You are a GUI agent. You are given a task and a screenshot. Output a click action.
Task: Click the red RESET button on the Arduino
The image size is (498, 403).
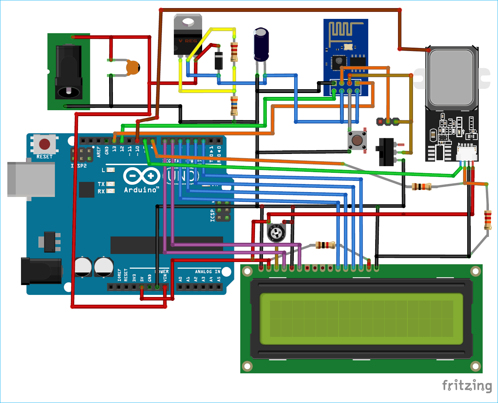[44, 144]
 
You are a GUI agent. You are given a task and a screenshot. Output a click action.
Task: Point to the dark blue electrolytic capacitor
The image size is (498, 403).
[261, 45]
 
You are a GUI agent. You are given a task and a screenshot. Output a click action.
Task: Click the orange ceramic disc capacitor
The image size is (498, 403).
[133, 67]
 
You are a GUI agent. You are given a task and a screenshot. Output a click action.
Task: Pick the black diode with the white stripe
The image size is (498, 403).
[219, 61]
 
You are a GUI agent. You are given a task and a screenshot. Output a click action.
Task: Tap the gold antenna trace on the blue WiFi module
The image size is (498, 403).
[344, 29]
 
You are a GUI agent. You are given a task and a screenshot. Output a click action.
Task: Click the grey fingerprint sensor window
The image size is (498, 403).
[451, 77]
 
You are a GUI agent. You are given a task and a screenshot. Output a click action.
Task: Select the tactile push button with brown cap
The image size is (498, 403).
[357, 141]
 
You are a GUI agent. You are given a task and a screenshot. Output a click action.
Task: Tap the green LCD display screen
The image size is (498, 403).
[361, 319]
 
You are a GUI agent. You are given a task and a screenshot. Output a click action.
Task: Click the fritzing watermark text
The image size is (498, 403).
[467, 386]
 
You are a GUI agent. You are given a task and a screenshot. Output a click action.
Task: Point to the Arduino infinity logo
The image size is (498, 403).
[142, 176]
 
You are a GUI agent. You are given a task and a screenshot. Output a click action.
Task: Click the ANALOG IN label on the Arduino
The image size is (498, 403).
[207, 271]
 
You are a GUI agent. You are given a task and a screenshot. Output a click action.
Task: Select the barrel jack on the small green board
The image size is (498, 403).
[69, 72]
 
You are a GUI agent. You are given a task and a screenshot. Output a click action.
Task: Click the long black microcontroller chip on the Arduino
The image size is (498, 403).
[166, 245]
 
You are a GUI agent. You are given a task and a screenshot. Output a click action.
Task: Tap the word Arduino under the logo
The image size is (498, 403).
[141, 190]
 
